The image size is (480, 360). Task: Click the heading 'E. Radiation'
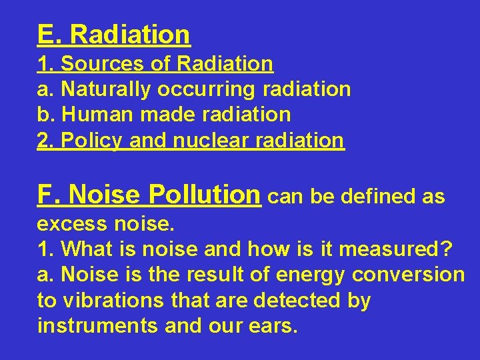point(114,34)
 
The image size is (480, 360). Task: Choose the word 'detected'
point(297,301)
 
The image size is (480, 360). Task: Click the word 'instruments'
point(97,327)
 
